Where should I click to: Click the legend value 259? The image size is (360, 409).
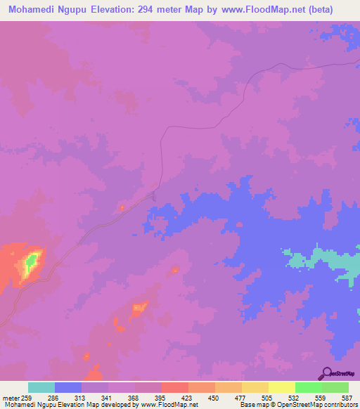click(27, 397)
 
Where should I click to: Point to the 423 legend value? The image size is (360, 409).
click(189, 397)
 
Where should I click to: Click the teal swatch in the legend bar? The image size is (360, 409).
click(41, 387)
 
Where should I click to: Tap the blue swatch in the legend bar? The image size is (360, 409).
click(68, 387)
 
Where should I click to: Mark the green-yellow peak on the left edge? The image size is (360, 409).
click(30, 264)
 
